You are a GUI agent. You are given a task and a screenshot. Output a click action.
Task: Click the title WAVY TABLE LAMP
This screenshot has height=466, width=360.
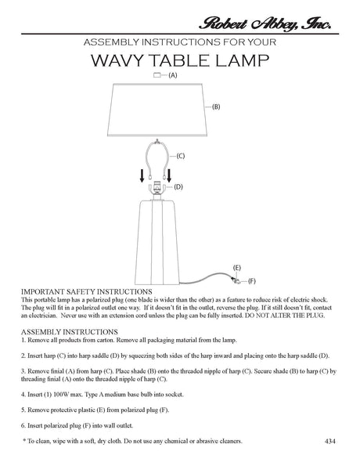click(181, 60)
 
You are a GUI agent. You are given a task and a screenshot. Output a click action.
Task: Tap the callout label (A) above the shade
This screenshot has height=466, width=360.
click(172, 75)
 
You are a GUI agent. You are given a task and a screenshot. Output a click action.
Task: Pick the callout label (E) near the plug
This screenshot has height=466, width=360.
click(236, 268)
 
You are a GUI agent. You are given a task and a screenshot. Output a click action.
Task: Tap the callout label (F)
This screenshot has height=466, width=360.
click(250, 280)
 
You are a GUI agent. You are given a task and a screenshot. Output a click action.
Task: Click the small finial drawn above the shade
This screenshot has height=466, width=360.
click(157, 75)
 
